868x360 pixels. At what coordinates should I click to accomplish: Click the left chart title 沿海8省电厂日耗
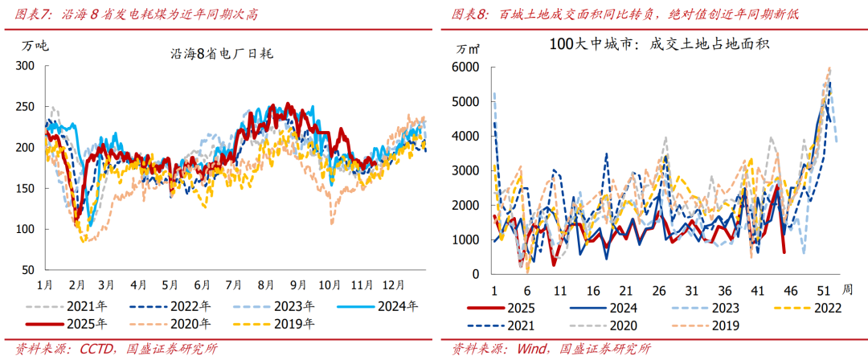tap(222, 53)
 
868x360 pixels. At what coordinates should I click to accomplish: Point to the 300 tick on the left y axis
tap(26, 66)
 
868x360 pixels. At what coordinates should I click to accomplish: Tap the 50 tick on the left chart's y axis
tap(30, 270)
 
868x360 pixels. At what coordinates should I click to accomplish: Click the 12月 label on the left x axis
tap(392, 284)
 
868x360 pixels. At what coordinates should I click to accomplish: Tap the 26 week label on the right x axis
tap(660, 290)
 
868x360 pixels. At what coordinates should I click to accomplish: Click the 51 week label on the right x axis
tap(823, 290)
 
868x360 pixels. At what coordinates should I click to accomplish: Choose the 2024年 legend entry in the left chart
tap(399, 306)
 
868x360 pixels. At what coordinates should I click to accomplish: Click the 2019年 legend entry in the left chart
tap(295, 325)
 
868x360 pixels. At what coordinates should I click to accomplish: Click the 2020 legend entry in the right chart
tap(623, 325)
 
